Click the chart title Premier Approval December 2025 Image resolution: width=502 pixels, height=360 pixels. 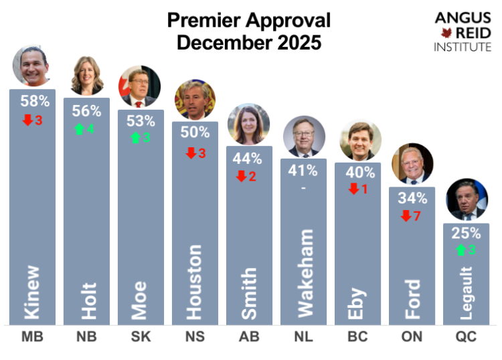[248, 31]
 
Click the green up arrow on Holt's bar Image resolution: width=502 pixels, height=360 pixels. [80, 129]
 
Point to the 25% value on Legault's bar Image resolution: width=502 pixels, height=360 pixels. [467, 234]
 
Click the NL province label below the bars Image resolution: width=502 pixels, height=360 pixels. [304, 337]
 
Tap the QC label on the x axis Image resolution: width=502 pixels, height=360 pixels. [467, 337]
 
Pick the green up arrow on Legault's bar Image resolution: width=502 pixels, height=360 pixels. [460, 250]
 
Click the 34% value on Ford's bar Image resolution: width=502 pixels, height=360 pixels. [412, 198]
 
